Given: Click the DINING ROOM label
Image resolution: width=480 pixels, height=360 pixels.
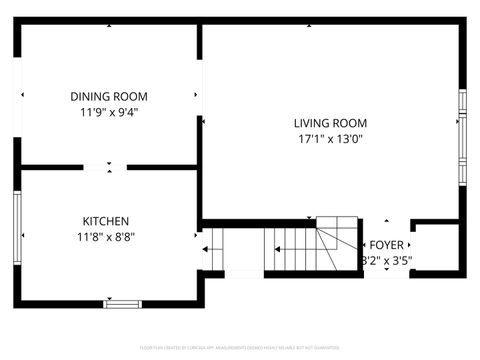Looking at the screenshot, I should (109, 97).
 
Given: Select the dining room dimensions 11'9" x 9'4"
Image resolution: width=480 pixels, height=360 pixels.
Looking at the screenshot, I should (109, 112).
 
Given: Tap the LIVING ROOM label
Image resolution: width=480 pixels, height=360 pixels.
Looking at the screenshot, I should (331, 123).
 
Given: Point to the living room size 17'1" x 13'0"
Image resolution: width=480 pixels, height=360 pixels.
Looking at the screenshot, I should (331, 139).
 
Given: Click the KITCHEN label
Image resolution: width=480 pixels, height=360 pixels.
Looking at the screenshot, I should (106, 221).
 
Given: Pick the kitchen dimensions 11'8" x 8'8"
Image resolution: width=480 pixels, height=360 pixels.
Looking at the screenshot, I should (106, 237).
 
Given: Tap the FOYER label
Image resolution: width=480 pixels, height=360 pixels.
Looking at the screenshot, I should (387, 245).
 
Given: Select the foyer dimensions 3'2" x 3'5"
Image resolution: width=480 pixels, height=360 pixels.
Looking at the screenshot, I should (387, 261).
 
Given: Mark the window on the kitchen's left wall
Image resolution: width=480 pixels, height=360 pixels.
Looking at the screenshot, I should (17, 228).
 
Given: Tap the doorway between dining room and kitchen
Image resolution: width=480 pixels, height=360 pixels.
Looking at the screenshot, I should (105, 167).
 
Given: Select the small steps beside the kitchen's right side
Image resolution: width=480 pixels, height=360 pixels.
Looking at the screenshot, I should (211, 249).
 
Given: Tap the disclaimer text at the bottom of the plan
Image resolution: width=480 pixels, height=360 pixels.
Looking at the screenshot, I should (240, 348).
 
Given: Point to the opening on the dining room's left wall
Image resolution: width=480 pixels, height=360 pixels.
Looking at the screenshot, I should (17, 96).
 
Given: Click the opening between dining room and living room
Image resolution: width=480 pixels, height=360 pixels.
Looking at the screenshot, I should (200, 96).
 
